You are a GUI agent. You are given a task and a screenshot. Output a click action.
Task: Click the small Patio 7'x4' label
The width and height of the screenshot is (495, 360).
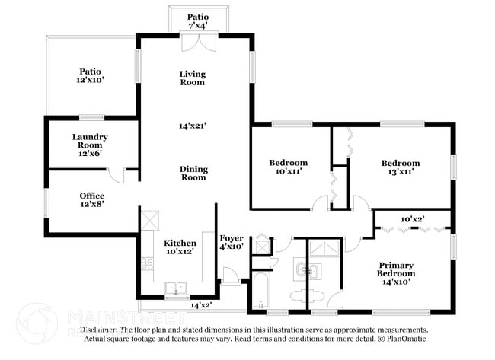click(x=197, y=21)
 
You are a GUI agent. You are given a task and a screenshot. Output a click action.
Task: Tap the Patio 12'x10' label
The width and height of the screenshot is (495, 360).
click(x=90, y=75)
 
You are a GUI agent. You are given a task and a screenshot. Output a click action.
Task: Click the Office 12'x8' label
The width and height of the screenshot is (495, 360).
click(x=92, y=199)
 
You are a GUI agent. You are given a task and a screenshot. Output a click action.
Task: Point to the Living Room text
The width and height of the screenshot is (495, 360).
click(x=193, y=78)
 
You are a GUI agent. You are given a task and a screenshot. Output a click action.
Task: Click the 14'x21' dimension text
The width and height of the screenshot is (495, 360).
click(x=193, y=125)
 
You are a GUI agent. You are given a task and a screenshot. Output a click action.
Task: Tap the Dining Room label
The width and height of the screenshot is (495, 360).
click(x=193, y=173)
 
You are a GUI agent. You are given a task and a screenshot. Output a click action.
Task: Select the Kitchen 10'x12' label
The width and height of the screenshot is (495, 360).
click(x=180, y=247)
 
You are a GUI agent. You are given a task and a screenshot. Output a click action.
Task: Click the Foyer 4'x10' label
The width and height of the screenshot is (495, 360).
click(x=231, y=242)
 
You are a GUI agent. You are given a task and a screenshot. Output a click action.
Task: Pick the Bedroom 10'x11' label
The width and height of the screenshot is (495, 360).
click(x=288, y=167)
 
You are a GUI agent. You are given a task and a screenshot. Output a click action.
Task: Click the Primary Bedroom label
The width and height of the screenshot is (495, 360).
click(x=397, y=273)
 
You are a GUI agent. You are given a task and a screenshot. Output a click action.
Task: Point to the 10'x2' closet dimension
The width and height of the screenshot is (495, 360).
click(x=412, y=218)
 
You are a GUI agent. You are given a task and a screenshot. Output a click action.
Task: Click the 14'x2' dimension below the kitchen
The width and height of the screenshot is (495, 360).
click(x=201, y=304)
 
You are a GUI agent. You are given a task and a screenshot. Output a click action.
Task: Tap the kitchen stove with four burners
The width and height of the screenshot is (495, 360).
click(x=147, y=263)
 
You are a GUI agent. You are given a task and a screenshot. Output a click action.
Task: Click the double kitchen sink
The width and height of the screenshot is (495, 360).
click(x=177, y=288)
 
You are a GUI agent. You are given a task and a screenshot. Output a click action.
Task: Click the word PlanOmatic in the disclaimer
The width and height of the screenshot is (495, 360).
click(x=407, y=338)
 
